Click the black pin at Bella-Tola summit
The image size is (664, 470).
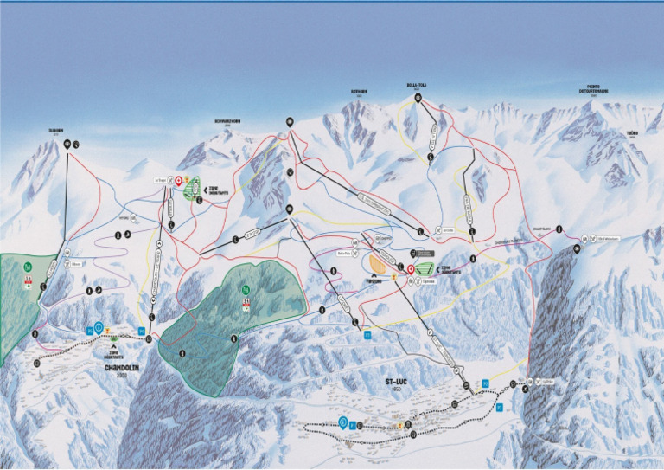coord(418,98)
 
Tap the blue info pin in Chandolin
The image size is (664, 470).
coord(99,327)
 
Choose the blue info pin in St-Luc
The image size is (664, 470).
coord(343,422)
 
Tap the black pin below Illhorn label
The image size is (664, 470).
coord(69,145)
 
